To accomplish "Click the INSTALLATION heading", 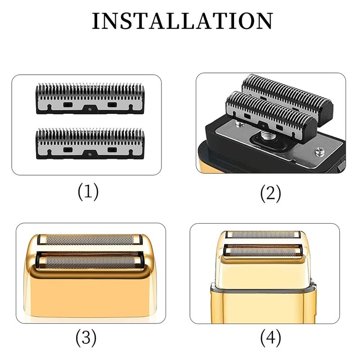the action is [x=183, y=21].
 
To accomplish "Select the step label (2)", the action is [x=270, y=193].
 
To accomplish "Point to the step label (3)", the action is [x=86, y=338].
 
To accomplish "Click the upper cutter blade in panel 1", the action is [x=90, y=99].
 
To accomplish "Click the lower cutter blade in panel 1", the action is [x=90, y=144].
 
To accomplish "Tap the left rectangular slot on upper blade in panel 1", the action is [x=68, y=105].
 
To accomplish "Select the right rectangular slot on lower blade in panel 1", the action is [x=112, y=150].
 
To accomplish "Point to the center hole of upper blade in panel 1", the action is [x=90, y=109].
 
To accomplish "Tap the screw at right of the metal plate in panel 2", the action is [x=319, y=152].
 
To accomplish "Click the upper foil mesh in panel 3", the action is [x=90, y=240].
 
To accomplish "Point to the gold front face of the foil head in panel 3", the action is [x=90, y=296].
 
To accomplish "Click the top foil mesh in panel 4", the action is [x=263, y=234].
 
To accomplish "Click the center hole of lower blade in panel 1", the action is [x=90, y=154].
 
